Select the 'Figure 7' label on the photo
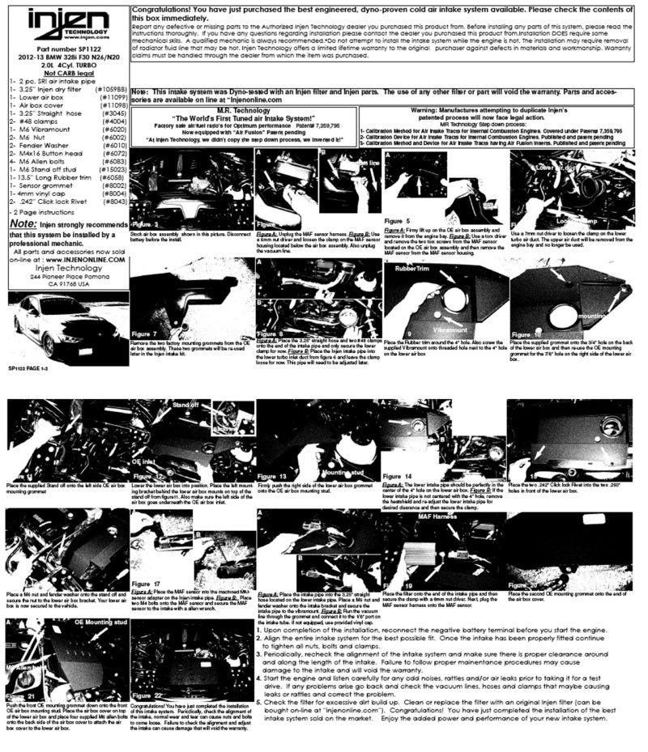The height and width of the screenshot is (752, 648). coord(147,334)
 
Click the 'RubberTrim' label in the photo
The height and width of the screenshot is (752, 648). coord(413,269)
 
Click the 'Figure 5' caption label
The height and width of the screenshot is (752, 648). coord(398,220)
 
